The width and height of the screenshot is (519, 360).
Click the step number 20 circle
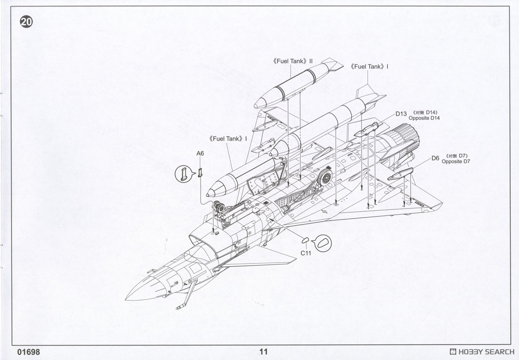pos(26,22)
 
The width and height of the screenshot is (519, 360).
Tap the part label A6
pos(200,154)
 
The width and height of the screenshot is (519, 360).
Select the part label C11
pos(306,253)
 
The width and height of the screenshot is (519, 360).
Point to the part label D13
pos(401,114)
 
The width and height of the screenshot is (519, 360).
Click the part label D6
pos(435,158)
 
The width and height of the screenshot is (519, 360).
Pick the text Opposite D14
pos(424,118)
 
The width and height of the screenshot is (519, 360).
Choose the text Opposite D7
pos(456,161)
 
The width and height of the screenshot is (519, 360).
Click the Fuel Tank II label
pos(293,61)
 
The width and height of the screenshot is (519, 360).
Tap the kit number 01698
pos(29,352)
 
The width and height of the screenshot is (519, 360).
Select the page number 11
pos(263,352)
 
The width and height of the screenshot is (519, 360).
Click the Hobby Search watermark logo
pos(482,352)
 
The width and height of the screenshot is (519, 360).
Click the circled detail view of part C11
pos(323,243)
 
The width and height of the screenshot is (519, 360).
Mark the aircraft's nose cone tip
pos(125,299)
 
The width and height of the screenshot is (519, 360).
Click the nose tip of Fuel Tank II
pos(255,106)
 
